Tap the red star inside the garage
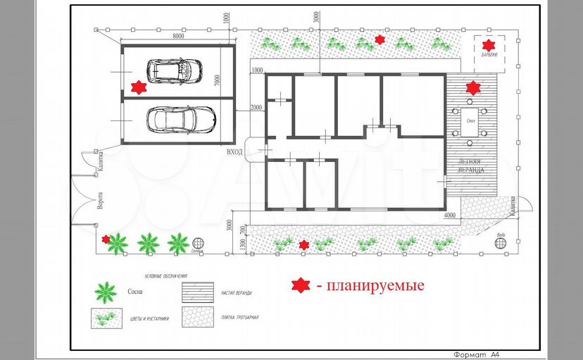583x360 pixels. click(139, 87)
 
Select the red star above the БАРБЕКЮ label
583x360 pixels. click(489, 44)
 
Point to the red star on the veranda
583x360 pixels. click(472, 88)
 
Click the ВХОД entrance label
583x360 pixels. click(234, 151)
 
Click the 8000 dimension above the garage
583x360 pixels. click(178, 35)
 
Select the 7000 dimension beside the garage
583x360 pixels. click(218, 83)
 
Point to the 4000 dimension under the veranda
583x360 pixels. click(451, 216)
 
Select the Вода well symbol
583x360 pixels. click(501, 242)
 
